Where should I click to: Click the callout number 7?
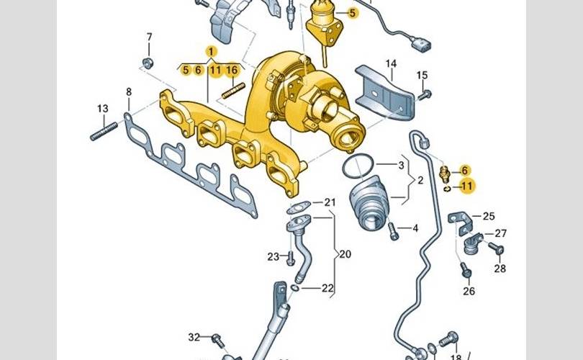pos(150,37)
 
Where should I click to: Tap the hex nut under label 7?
pos(148,63)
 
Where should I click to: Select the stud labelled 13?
pos(104,132)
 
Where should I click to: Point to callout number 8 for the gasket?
pos(129,92)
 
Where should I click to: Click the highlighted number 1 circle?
pos(211,51)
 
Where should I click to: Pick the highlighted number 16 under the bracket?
pos(231,70)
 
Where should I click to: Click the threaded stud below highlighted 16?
pos(233,91)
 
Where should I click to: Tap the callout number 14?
pos(391,64)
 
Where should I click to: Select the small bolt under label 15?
pos(424,95)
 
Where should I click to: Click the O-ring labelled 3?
pos(358,166)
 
